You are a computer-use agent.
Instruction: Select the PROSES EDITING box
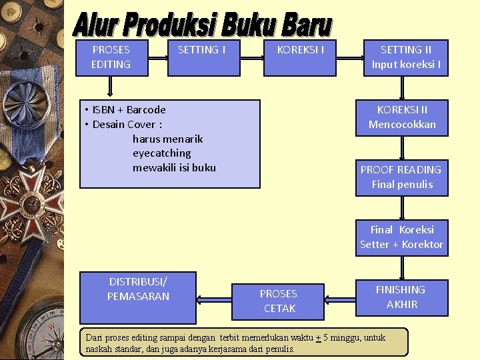click(111, 57)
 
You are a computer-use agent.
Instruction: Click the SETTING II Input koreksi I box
click(405, 57)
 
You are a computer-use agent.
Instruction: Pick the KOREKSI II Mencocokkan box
click(401, 117)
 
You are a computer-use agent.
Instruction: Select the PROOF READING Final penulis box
click(401, 177)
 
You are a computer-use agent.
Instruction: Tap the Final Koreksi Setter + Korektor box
click(401, 237)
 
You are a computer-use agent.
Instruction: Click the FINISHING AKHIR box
click(401, 297)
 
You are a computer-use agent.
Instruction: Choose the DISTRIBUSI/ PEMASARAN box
click(138, 297)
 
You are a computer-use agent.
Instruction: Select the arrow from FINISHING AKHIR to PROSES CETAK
click(339, 297)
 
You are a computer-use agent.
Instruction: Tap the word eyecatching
click(161, 153)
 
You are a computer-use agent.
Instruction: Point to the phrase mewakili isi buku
click(174, 168)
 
